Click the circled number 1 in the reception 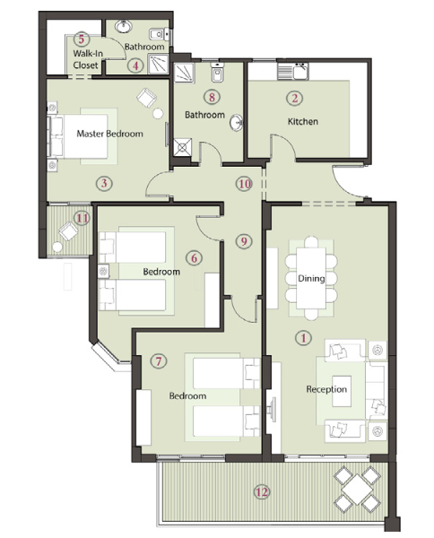pos(302,338)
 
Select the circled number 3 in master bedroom pos(104,184)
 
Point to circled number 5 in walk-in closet pos(81,39)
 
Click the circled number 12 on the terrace pos(262,490)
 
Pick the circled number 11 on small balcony pos(82,218)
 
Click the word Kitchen pos(303,121)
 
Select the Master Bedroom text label pos(109,134)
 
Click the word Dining pos(311,279)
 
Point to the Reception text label pos(326,389)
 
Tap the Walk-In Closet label pos(87,59)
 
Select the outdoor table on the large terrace pos(357,489)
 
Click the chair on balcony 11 pos(68,231)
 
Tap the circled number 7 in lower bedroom pos(159,361)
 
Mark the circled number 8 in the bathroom pos(212,97)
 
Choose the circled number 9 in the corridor pos(242,240)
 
